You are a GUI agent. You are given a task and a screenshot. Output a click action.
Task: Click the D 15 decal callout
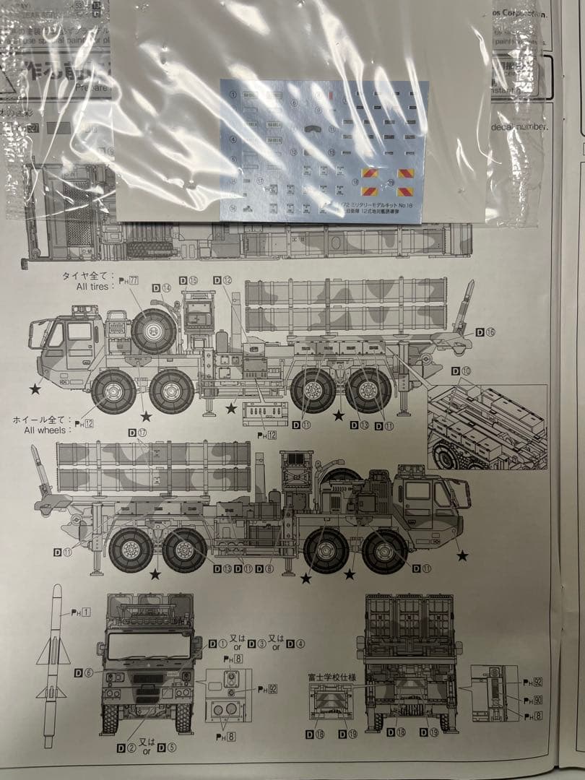point(188,280)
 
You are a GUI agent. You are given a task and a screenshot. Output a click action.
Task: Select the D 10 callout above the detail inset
point(461,371)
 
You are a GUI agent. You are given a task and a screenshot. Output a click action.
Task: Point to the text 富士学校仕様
point(326,678)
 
